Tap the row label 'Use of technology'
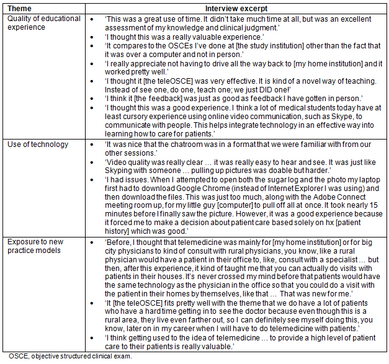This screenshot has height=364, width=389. click(37, 144)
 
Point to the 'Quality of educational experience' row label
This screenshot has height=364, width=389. click(43, 23)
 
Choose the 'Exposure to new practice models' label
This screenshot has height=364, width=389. click(42, 244)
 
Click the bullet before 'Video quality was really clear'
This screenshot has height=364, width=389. click(92, 154)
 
